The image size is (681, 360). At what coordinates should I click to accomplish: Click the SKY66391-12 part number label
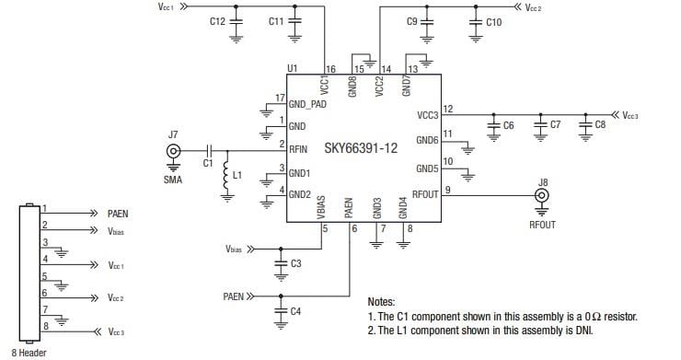tap(361, 147)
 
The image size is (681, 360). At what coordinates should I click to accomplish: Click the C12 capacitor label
tap(217, 20)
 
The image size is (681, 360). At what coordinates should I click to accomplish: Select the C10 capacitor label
tap(493, 20)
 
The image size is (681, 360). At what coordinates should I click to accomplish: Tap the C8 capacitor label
tap(600, 123)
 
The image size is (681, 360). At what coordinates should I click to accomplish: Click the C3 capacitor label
tap(295, 264)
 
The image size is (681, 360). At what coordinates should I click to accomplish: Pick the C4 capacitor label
tap(295, 311)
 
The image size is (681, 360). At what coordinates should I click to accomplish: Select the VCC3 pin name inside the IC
tap(428, 115)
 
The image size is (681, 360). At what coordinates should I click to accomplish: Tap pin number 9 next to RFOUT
tap(446, 190)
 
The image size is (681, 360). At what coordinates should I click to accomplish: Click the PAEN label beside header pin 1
tap(118, 212)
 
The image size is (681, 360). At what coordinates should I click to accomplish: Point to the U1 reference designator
tap(293, 68)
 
